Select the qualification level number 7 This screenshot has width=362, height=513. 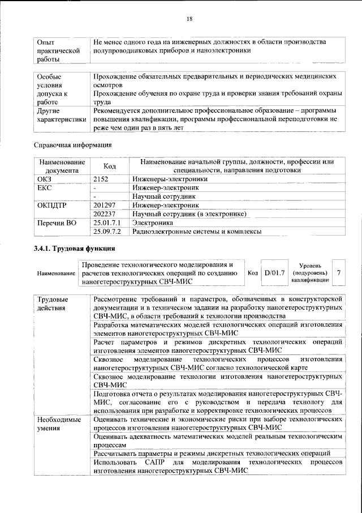(338, 272)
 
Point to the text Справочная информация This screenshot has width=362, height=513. (73, 146)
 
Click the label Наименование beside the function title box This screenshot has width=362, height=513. (56, 273)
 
